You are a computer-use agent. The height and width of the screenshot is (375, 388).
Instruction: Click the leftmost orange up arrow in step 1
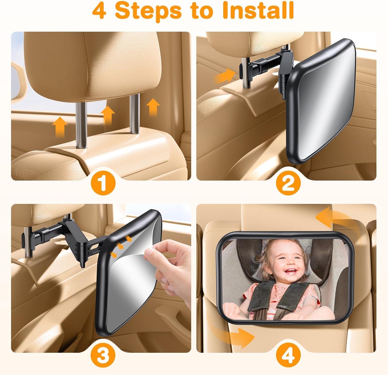(60, 126)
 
